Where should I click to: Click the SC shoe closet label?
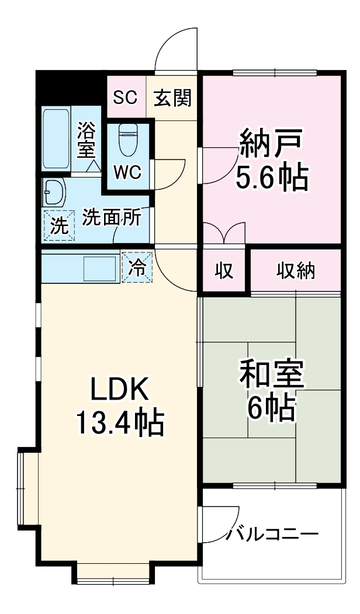coord(125,98)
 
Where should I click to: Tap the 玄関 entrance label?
coord(172,98)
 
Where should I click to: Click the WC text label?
coord(127,173)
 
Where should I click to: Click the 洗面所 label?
coord(111,217)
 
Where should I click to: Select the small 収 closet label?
coord(224,270)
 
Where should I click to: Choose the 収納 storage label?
coord(296,270)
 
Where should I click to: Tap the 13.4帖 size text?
coord(120,422)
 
